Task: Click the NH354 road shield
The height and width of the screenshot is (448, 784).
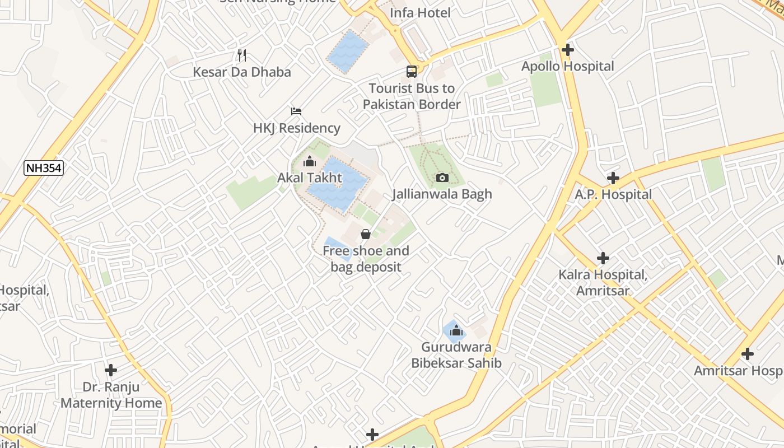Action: tap(44, 168)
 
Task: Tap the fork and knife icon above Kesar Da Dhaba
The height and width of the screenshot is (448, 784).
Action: tap(242, 55)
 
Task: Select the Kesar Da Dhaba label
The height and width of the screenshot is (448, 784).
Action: tap(242, 72)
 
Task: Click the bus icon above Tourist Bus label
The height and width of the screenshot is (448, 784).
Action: tap(412, 72)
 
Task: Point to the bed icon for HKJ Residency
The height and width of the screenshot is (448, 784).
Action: tap(296, 111)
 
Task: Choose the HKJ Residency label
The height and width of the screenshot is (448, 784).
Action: tap(296, 128)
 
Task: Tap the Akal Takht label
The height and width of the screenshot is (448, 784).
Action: tap(310, 178)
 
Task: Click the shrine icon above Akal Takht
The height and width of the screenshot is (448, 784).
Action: tap(309, 162)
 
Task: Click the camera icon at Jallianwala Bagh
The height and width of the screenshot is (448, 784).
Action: tap(442, 178)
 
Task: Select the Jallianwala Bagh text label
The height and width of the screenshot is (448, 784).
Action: tap(442, 194)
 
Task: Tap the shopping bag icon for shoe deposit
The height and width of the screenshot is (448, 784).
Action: tap(366, 234)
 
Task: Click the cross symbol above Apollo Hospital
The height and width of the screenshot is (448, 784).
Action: tap(568, 50)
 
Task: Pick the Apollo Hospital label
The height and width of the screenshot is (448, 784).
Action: tap(568, 67)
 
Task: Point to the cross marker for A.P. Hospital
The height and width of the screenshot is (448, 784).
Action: tap(613, 178)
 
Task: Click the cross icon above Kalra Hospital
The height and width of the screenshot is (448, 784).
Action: tap(603, 258)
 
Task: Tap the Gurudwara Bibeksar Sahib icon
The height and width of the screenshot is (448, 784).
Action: tap(456, 330)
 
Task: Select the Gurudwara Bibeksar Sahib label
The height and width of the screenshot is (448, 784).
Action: tap(456, 355)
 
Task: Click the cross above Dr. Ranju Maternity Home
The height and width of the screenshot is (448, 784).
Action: tap(111, 370)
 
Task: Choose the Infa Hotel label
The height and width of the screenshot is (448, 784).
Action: tap(420, 13)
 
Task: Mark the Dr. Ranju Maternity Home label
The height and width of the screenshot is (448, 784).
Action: tap(111, 395)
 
